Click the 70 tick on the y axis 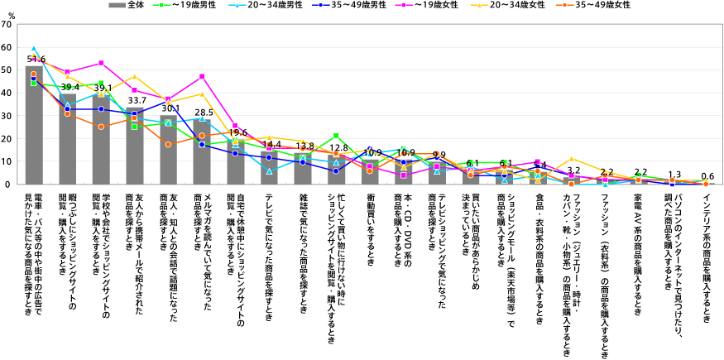tap(7, 26)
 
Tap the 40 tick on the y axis tap(7, 94)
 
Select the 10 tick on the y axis tap(7, 161)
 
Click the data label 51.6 tap(36, 60)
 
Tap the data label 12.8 tap(338, 147)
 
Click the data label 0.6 tap(707, 175)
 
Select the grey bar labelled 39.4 tap(68, 141)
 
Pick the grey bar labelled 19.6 tap(237, 162)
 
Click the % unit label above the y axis tap(11, 15)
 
